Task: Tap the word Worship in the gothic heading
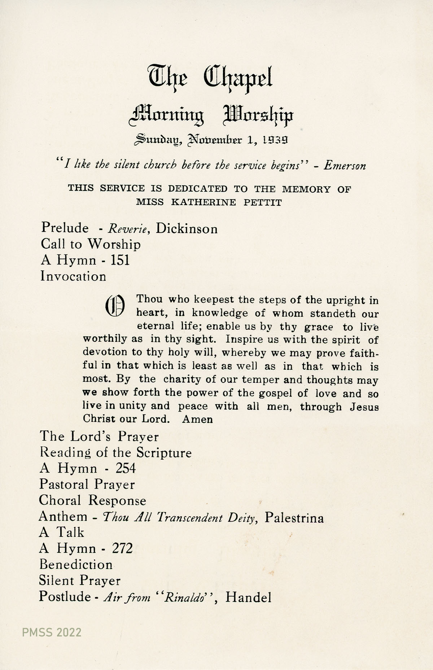point(258,115)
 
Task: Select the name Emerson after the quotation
point(345,166)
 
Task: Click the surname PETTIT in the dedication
point(263,202)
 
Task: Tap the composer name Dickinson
point(187,229)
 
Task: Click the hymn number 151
point(120,260)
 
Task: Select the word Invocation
point(73,276)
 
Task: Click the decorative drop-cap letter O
point(114,305)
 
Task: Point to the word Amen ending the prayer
point(197,419)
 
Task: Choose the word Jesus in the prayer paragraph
point(364,407)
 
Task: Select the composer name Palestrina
point(294,518)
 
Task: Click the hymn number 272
point(122,549)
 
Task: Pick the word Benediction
point(76,564)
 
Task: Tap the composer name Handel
point(248,598)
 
